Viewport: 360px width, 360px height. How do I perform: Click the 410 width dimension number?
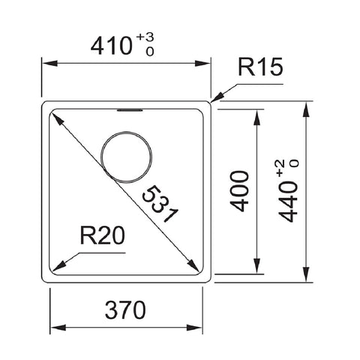[x=111, y=46]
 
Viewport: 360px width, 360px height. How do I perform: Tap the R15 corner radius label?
[x=261, y=67]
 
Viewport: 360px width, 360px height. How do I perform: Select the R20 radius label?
[x=103, y=235]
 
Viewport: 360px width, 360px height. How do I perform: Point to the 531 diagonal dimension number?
[x=160, y=204]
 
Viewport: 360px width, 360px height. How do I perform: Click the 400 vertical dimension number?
[x=239, y=191]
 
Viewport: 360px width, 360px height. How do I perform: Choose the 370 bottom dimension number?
[x=125, y=310]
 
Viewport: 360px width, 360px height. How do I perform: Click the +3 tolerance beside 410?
[x=145, y=37]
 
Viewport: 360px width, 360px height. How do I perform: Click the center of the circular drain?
[x=126, y=157]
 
